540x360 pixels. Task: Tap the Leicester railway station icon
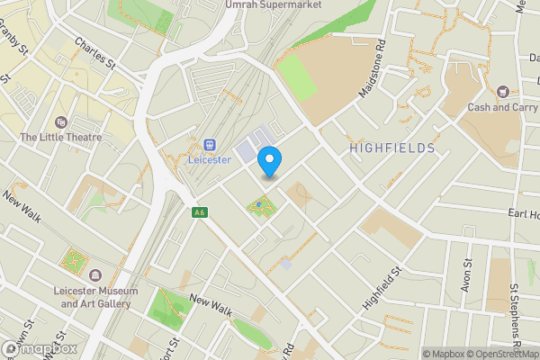(x=211, y=144)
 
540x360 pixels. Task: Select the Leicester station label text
(x=211, y=159)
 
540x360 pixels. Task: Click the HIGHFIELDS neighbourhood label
(x=392, y=148)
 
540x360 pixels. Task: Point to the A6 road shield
(x=199, y=212)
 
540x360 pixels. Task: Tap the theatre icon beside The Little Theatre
(x=61, y=121)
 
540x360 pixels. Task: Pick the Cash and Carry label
(x=502, y=107)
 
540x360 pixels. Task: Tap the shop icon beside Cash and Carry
(x=502, y=91)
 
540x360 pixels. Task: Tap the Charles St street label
(x=95, y=54)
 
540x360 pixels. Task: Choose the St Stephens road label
(x=516, y=317)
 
